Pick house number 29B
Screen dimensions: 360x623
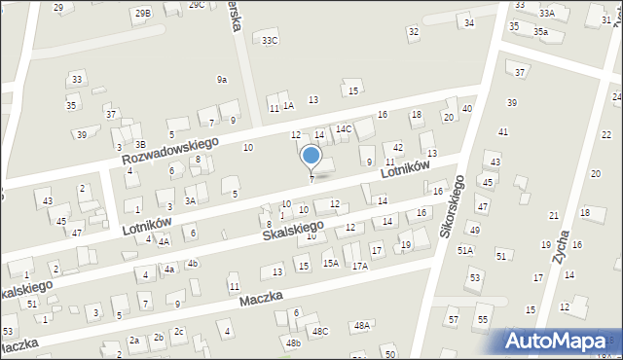click(143, 13)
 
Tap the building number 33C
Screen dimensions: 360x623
click(270, 40)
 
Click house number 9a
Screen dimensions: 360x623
click(222, 80)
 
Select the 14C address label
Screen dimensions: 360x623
click(344, 128)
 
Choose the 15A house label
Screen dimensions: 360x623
click(331, 263)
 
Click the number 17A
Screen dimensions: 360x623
click(360, 266)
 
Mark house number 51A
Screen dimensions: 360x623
click(465, 250)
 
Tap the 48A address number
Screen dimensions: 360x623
click(362, 325)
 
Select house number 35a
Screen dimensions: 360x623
click(540, 32)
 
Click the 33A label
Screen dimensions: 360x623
click(547, 13)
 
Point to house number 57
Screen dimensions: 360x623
click(453, 319)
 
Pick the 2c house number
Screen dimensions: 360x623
click(178, 331)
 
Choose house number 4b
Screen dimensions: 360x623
click(193, 263)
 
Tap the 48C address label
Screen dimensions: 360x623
click(320, 331)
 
